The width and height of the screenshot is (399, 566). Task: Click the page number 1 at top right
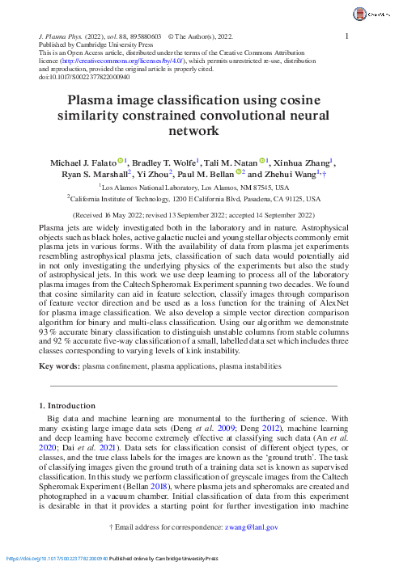(346, 36)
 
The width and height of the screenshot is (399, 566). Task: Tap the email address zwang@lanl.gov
(255, 527)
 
